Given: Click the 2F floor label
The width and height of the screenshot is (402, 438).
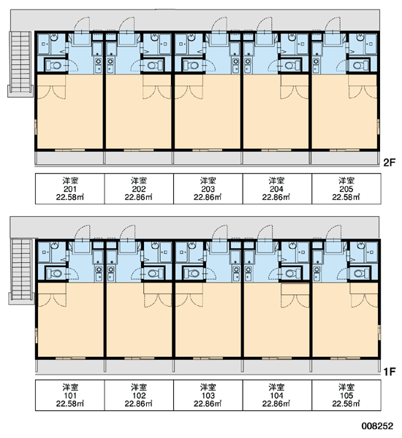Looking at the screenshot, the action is (x=389, y=162).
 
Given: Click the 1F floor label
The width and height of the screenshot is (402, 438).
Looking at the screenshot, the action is (x=389, y=372).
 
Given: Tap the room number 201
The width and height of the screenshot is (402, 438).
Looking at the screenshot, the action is (x=70, y=189).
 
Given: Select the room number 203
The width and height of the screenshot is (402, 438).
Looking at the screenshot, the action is (x=208, y=189).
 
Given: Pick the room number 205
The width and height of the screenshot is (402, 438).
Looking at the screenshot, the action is (x=346, y=189).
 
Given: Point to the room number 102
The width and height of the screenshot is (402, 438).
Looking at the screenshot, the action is (x=139, y=396).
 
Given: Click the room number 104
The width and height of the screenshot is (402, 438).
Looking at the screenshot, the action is (x=276, y=396).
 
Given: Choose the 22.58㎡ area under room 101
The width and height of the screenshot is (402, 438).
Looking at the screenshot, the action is (x=70, y=404).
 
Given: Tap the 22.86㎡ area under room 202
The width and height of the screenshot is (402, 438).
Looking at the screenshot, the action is (x=139, y=197).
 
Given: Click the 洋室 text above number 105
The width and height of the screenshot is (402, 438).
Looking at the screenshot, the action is (x=346, y=387).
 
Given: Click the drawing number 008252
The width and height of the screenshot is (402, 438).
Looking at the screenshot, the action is (x=377, y=426).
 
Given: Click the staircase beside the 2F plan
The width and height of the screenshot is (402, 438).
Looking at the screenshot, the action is (x=20, y=64).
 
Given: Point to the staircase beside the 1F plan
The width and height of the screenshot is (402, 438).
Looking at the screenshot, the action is (x=21, y=272).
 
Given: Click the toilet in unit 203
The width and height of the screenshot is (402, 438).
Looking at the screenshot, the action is (x=192, y=66).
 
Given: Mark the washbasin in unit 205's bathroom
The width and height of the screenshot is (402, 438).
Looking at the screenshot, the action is (x=360, y=37).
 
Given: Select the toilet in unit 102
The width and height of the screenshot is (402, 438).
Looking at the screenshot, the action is (x=155, y=272).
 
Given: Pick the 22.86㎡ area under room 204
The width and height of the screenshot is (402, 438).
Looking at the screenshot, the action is (x=276, y=197).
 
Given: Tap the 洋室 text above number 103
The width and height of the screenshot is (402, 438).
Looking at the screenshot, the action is (x=208, y=387).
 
